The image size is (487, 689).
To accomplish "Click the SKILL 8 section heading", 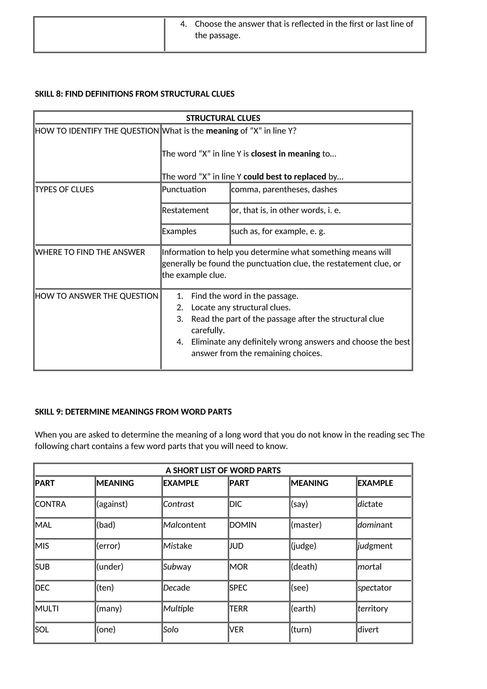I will point(135,94).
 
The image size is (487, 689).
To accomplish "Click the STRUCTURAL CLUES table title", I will point(223,118).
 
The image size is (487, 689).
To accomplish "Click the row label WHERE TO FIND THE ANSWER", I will point(90,252).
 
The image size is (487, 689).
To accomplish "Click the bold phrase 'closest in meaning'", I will point(286,154).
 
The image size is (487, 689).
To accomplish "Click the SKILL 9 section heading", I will point(133,412).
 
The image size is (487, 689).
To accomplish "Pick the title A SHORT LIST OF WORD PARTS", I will point(223,470).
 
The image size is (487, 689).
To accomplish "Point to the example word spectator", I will point(375,588).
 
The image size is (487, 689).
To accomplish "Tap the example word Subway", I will point(177,566).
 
